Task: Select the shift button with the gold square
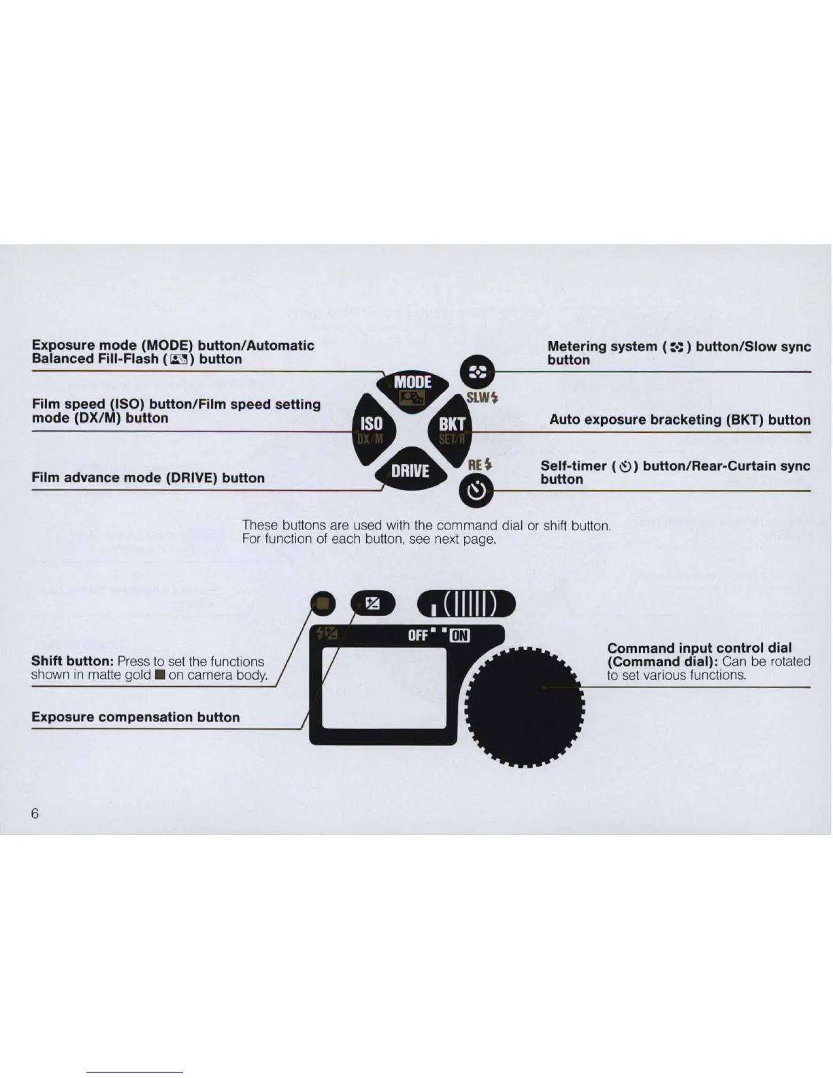323,603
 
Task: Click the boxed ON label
460,636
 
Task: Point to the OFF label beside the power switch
418,636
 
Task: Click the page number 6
35,813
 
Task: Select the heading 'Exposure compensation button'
135,717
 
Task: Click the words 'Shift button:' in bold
71,661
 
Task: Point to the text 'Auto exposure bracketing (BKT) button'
679,419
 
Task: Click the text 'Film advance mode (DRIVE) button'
148,478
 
